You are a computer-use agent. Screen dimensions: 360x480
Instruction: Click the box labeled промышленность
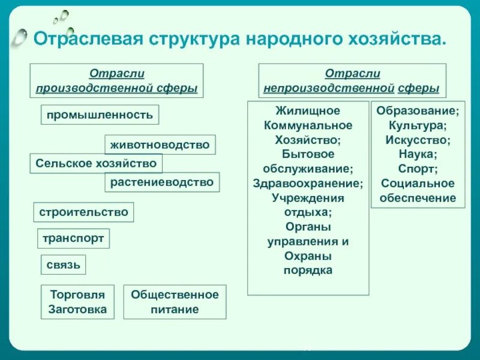click(100, 114)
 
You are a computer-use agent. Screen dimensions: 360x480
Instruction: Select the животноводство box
click(160, 145)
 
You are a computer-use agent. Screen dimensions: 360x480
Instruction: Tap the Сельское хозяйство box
click(96, 163)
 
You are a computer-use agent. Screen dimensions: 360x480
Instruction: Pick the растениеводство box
click(162, 182)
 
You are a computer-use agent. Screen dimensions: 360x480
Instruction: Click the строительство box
click(83, 212)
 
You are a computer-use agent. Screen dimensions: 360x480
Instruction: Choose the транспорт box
click(73, 238)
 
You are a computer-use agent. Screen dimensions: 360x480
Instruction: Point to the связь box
click(63, 265)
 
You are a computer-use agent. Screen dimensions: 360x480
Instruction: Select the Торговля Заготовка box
click(77, 302)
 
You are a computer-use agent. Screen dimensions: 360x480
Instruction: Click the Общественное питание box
click(175, 302)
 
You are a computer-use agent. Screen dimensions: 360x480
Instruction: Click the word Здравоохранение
click(308, 184)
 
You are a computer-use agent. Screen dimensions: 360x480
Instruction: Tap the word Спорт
click(418, 169)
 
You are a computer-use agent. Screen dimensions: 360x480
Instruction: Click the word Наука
click(418, 155)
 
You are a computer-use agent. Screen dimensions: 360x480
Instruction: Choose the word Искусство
click(418, 140)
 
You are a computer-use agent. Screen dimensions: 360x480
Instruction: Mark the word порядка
click(308, 270)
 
